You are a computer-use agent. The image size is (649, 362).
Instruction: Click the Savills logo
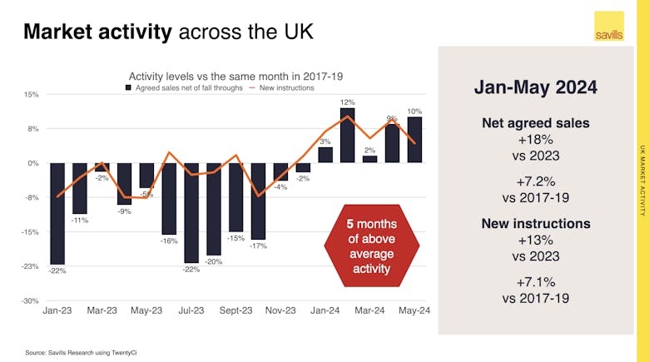tap(609, 27)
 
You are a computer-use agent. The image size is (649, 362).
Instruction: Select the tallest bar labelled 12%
tap(348, 136)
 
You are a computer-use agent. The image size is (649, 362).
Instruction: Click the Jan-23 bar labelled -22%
tap(57, 213)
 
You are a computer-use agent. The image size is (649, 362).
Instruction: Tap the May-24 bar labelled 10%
tap(414, 140)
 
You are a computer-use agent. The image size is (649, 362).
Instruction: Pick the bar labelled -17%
tap(258, 201)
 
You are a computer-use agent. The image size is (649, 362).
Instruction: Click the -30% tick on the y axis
tap(30, 300)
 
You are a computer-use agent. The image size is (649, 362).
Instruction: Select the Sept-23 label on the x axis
tap(235, 310)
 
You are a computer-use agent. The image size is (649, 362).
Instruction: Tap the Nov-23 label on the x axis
tap(280, 310)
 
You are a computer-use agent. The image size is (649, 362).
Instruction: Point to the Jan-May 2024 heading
tap(536, 87)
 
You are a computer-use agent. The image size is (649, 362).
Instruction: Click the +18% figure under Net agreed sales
tap(536, 139)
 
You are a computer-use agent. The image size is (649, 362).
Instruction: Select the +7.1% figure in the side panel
tap(536, 282)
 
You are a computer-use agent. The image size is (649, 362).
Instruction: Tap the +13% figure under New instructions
tap(536, 240)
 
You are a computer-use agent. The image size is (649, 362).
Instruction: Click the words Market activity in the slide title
tap(98, 32)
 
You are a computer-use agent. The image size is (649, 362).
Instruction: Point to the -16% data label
tap(169, 241)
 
